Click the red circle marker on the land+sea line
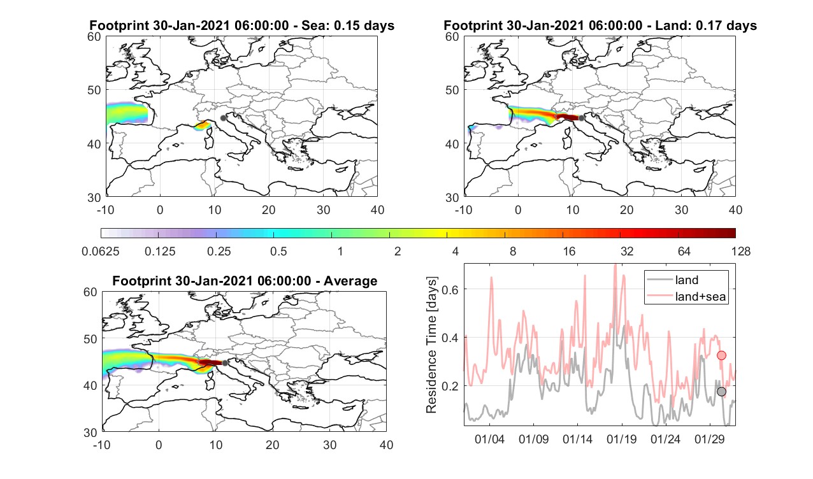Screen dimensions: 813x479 pyautogui.click(x=721, y=355)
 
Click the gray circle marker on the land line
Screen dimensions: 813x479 pyautogui.click(x=721, y=392)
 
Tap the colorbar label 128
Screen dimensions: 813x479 pyautogui.click(x=741, y=251)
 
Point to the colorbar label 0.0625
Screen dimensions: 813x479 pyautogui.click(x=101, y=251)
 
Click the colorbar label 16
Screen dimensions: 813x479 pyautogui.click(x=569, y=251)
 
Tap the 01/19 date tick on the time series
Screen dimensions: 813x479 pyautogui.click(x=621, y=440)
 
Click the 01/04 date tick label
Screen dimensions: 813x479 pyautogui.click(x=489, y=440)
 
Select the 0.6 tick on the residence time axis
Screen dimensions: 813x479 pyautogui.click(x=450, y=289)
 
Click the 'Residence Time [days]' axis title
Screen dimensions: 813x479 pyautogui.click(x=431, y=345)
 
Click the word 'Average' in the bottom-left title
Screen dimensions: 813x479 pyautogui.click(x=350, y=282)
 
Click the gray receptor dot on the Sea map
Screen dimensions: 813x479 pyautogui.click(x=223, y=118)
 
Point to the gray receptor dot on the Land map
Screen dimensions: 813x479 pyautogui.click(x=581, y=118)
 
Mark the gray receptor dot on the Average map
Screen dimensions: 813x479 pyautogui.click(x=225, y=363)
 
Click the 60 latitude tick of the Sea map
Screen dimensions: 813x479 pyautogui.click(x=94, y=37)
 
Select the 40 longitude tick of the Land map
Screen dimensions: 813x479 pyautogui.click(x=735, y=210)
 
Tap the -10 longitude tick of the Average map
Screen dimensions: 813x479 pyautogui.click(x=102, y=445)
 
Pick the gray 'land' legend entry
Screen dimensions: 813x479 pyautogui.click(x=686, y=280)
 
